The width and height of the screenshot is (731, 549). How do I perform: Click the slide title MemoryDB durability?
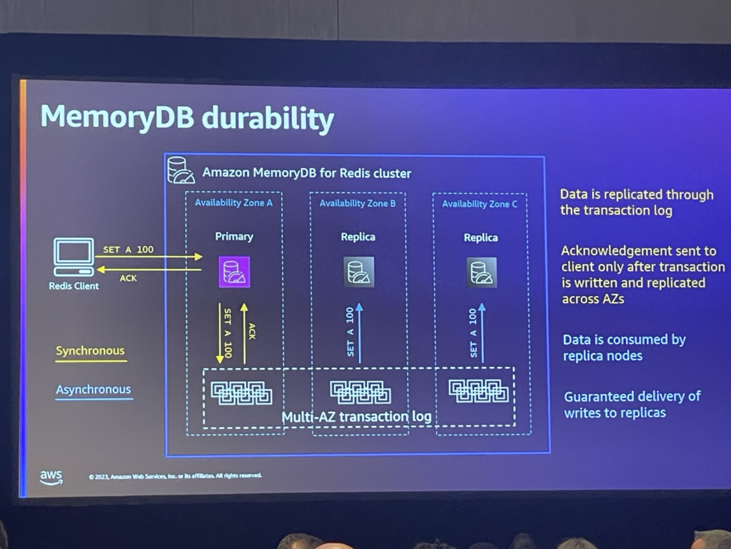[187, 118]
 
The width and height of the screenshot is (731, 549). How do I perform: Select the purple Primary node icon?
[234, 272]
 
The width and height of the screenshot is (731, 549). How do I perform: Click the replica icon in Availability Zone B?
[358, 272]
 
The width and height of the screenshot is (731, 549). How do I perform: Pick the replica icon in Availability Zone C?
[482, 272]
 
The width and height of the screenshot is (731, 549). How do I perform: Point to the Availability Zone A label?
[233, 203]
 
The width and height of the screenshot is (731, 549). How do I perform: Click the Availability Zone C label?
[480, 204]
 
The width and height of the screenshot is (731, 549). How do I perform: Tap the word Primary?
[234, 237]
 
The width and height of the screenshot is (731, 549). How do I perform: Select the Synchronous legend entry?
[90, 351]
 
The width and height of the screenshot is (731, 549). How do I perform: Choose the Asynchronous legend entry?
[94, 390]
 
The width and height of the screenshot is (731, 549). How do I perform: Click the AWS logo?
[51, 476]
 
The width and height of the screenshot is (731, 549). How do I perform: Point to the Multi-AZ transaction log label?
[356, 417]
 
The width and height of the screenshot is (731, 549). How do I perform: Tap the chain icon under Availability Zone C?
[479, 390]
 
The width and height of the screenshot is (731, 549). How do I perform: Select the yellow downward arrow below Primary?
[220, 333]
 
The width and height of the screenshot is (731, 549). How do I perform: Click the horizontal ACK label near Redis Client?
[128, 278]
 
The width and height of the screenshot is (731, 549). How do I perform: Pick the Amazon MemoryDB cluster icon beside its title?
[181, 171]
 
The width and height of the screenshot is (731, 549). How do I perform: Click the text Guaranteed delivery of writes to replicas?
[632, 404]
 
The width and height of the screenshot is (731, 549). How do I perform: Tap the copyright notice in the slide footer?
[176, 475]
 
